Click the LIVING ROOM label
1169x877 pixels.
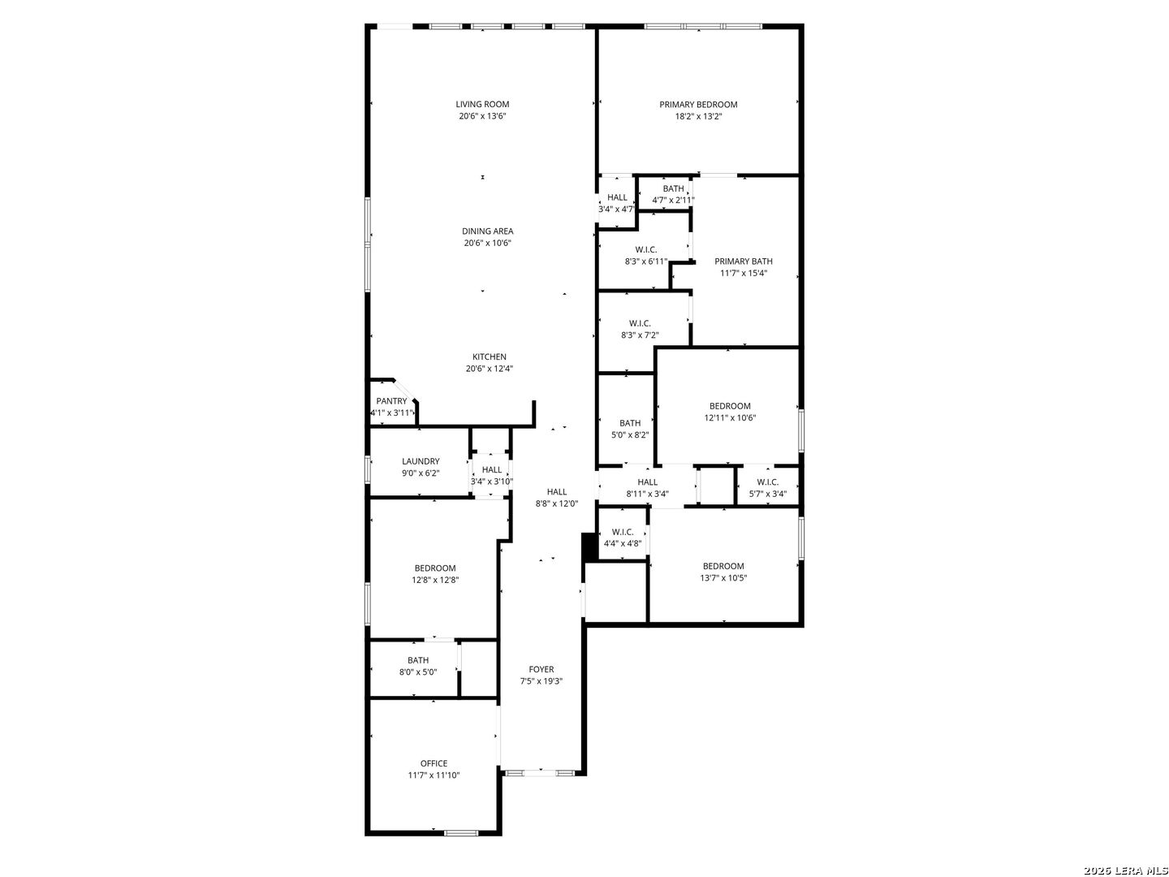coord(482,105)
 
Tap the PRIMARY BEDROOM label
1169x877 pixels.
coord(698,105)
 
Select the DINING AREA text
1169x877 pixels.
coord(487,231)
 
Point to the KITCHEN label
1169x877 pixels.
coord(489,356)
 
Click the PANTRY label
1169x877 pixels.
coord(391,401)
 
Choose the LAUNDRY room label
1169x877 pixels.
coord(421,461)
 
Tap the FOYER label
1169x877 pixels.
coord(541,669)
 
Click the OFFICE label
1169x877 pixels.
coord(434,763)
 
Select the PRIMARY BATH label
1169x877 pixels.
coord(743,261)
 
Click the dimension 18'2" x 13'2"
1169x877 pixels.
coord(698,117)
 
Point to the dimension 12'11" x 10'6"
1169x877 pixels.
coord(730,418)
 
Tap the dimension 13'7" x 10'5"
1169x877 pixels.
coord(723,578)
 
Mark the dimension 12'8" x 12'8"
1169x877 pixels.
coord(435,581)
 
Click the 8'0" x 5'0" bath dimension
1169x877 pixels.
coord(418,672)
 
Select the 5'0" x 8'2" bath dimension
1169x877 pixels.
coord(630,435)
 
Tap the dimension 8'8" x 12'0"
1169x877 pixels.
coord(557,503)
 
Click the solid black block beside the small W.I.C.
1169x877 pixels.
coord(589,547)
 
